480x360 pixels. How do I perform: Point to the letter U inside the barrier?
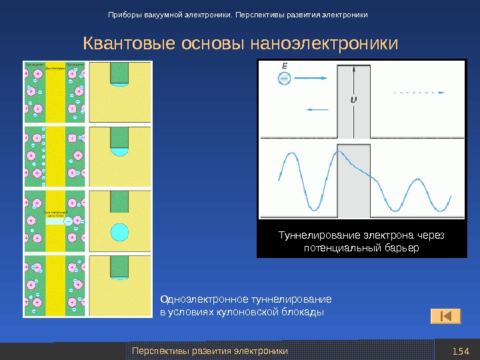353,100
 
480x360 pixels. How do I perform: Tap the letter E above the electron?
285,65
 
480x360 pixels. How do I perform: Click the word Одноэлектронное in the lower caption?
204,299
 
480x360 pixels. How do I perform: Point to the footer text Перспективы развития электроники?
210,351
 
